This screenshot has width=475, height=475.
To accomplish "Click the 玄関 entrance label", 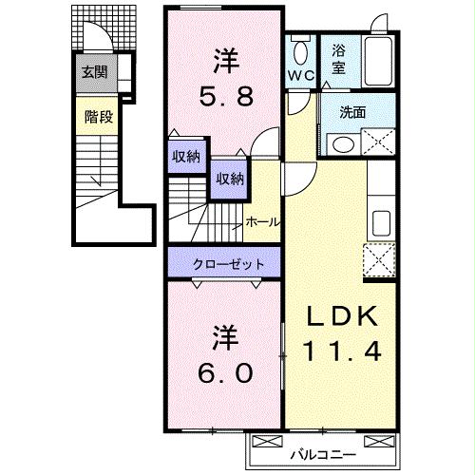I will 92,72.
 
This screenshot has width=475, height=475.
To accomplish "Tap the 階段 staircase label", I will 94,118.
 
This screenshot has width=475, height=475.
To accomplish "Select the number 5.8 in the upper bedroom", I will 225,96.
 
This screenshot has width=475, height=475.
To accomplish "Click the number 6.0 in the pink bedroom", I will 225,372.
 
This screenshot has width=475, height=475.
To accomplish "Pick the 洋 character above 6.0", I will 225,337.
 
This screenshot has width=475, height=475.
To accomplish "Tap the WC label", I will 301,74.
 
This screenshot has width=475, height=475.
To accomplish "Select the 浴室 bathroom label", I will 339,62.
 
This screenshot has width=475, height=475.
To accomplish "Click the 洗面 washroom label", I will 352,111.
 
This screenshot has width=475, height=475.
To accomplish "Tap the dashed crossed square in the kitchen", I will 380,257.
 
